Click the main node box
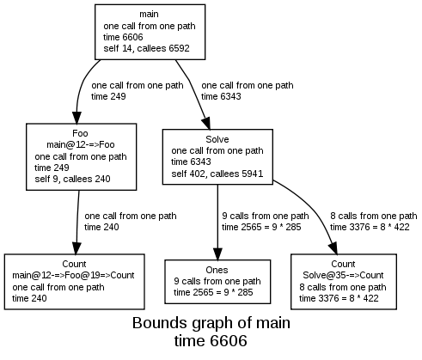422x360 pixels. click(149, 32)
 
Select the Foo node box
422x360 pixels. click(81, 157)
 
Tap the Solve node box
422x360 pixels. click(217, 156)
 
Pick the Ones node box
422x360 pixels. click(216, 281)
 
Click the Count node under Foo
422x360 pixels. click(73, 281)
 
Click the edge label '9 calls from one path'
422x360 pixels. click(265, 216)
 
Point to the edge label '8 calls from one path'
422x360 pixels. click(373, 216)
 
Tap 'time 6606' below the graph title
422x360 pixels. click(211, 342)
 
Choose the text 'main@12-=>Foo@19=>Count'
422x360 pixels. click(73, 275)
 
